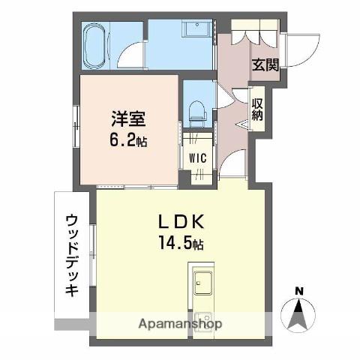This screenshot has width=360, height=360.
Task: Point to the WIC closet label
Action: (198, 159)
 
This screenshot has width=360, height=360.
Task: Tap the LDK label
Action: (180, 223)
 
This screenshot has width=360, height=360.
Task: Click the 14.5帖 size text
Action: (180, 244)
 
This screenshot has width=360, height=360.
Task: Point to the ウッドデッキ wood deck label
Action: (71, 255)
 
